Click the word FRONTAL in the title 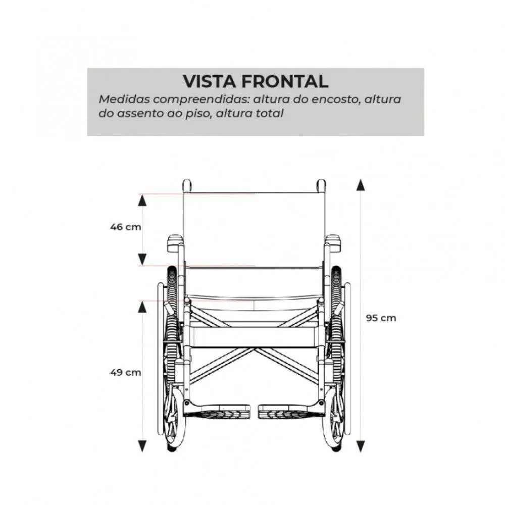[x=285, y=81]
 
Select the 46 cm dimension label [x=126, y=227]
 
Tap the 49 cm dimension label [x=126, y=373]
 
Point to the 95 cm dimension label [x=381, y=318]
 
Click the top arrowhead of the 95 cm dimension [x=361, y=185]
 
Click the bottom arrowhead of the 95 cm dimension [x=361, y=447]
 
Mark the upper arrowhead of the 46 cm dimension [x=142, y=200]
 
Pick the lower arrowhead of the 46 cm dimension [x=142, y=260]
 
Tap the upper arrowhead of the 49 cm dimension [x=142, y=307]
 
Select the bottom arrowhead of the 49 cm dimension [x=142, y=446]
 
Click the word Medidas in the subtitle [x=124, y=99]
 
